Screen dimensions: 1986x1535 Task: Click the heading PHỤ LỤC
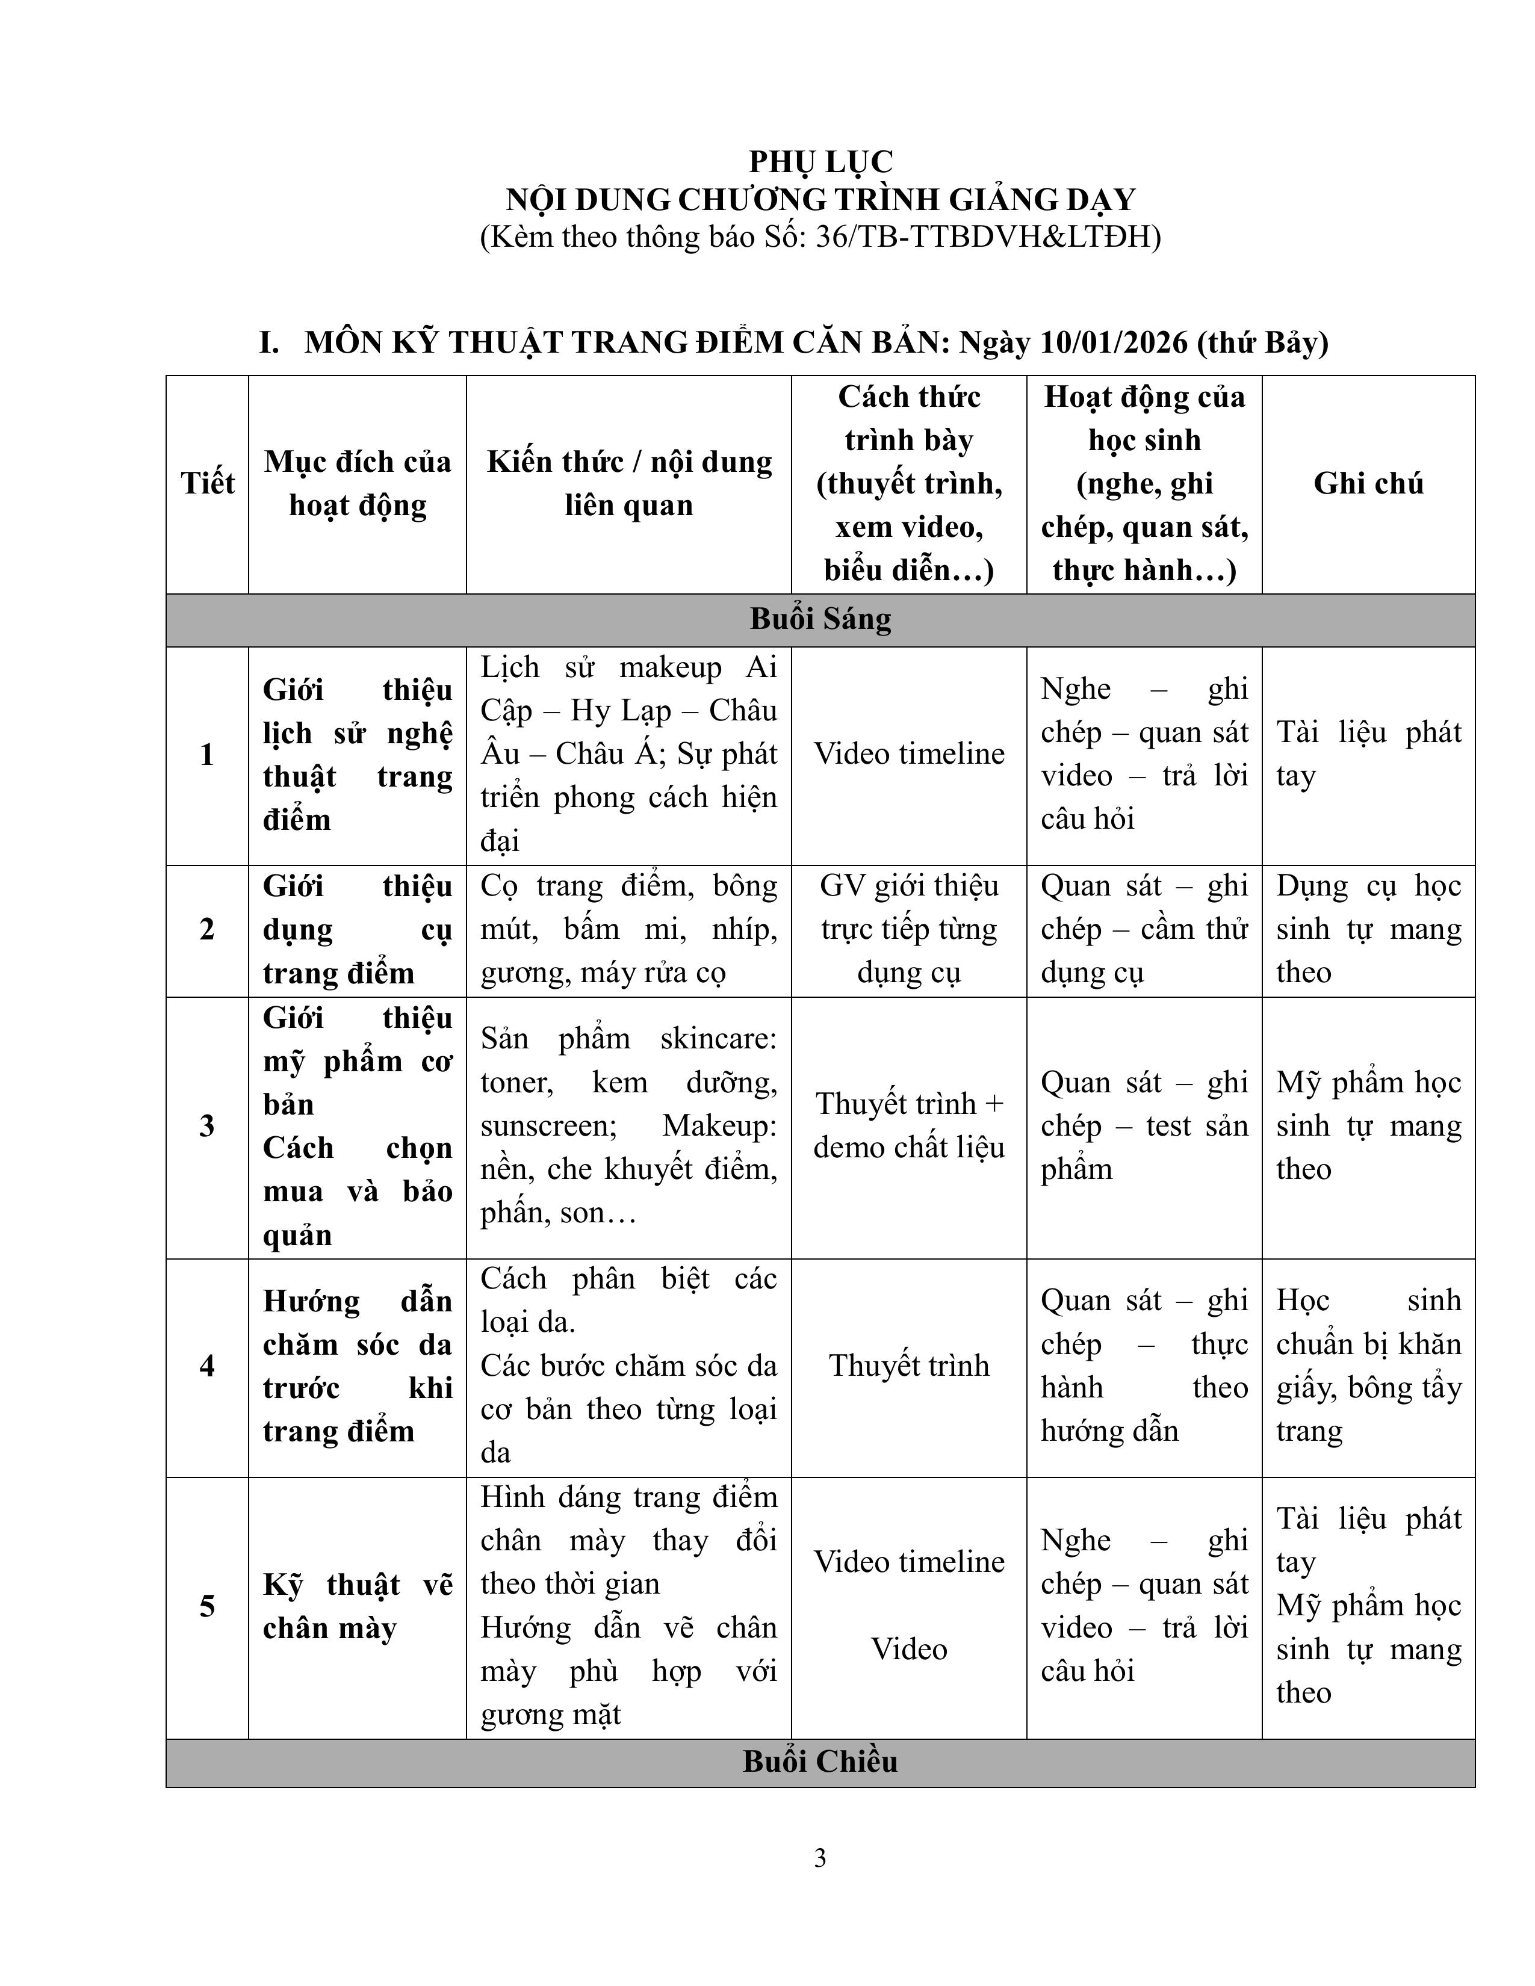coord(820,162)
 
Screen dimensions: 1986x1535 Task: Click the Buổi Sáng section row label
coord(820,619)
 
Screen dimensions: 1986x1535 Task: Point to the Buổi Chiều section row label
coord(820,1762)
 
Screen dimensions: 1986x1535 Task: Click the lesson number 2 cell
coord(207,929)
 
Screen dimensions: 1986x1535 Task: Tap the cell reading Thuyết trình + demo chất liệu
coord(908,1126)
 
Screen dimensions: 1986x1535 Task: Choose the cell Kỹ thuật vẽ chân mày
coord(358,1606)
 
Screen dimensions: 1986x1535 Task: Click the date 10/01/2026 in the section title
coord(1114,343)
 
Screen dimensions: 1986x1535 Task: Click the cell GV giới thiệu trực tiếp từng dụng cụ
coord(908,929)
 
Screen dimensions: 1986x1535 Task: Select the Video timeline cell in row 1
coord(908,754)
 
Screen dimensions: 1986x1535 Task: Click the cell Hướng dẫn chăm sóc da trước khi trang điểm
coord(358,1366)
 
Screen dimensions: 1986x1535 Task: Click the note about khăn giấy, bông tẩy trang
coord(1368,1366)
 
